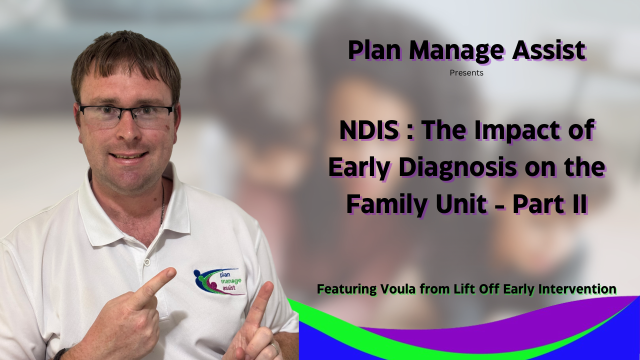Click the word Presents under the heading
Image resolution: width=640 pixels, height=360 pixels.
click(466, 73)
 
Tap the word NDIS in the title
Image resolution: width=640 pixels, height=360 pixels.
click(369, 130)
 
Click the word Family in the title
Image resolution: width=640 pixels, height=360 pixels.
click(387, 205)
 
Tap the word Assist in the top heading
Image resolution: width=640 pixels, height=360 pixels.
click(549, 50)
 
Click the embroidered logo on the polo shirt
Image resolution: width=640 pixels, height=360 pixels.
click(219, 281)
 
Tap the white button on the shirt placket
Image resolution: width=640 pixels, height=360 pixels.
click(147, 261)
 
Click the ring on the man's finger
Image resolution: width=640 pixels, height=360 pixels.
click(274, 347)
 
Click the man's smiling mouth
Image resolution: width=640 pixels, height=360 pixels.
click(128, 156)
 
